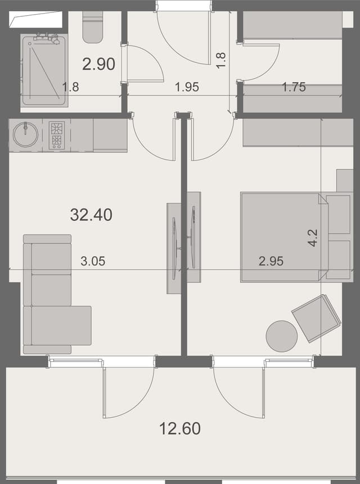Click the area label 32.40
click(x=91, y=214)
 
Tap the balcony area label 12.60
click(x=179, y=429)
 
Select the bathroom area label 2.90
click(x=98, y=64)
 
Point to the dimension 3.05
click(x=93, y=261)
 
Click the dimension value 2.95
click(x=271, y=261)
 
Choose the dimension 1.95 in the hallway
click(x=187, y=87)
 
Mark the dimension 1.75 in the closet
click(x=294, y=87)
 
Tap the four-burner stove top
click(x=57, y=135)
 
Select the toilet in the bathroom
click(x=93, y=27)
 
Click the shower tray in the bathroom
click(x=44, y=70)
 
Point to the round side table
click(x=281, y=336)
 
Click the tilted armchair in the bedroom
click(x=316, y=318)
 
